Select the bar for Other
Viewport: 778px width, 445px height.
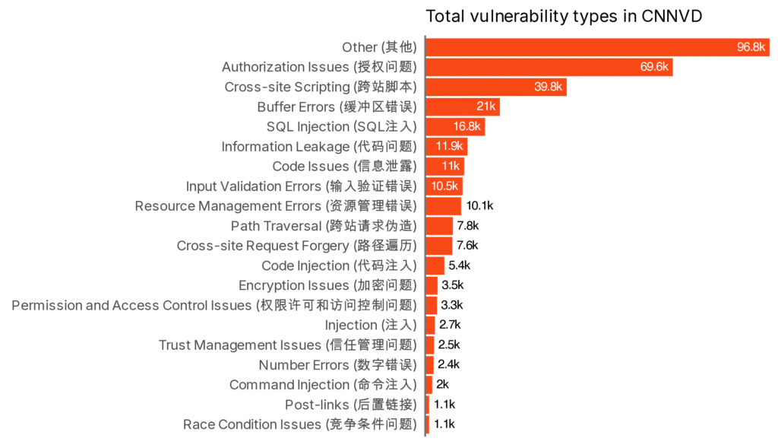pyautogui.click(x=597, y=47)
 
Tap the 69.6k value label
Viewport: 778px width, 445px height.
pyautogui.click(x=653, y=67)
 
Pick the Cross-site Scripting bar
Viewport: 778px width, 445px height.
pyautogui.click(x=495, y=87)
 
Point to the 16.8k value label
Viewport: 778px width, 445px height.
pyautogui.click(x=467, y=126)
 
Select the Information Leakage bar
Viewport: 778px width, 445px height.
pyautogui.click(x=446, y=146)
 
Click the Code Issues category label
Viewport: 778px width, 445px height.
pyautogui.click(x=344, y=166)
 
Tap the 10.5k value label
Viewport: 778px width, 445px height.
pyautogui.click(x=445, y=186)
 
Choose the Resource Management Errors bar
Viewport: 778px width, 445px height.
pyautogui.click(x=443, y=206)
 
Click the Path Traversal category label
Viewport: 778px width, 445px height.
pyautogui.click(x=324, y=226)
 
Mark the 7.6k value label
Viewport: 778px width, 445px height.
pyautogui.click(x=467, y=246)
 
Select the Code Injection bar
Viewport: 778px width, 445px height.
pyautogui.click(x=435, y=265)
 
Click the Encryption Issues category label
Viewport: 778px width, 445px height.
pyautogui.click(x=327, y=285)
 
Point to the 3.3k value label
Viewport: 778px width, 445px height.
pyautogui.click(x=451, y=305)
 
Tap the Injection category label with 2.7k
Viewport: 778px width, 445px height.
pyautogui.click(x=371, y=325)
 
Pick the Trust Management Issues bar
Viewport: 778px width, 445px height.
pyautogui.click(x=430, y=345)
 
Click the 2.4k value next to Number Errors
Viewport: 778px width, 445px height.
pyautogui.click(x=448, y=364)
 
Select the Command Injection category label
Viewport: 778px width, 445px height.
pyautogui.click(x=323, y=385)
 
